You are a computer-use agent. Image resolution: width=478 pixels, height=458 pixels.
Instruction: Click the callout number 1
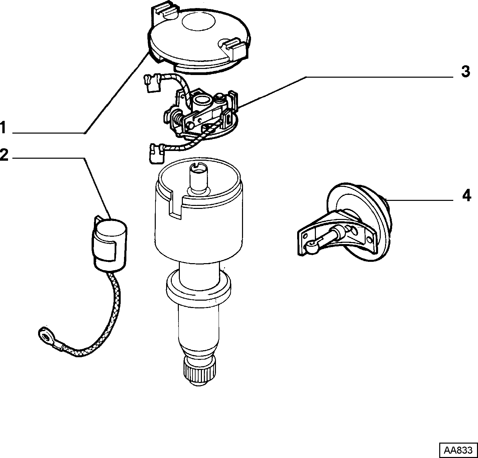pyautogui.click(x=3, y=128)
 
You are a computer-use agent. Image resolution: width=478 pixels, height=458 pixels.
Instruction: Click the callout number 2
pyautogui.click(x=4, y=155)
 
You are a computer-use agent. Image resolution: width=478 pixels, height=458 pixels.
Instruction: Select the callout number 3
pyautogui.click(x=465, y=72)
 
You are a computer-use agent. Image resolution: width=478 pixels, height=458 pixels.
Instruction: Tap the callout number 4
pyautogui.click(x=466, y=196)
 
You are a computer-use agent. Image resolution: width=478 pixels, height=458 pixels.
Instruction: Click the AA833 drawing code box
pyautogui.click(x=458, y=450)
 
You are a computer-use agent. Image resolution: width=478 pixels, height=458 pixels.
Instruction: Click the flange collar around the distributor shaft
pyautogui.click(x=199, y=288)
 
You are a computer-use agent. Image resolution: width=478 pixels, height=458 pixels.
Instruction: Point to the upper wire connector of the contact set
pyautogui.click(x=152, y=83)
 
